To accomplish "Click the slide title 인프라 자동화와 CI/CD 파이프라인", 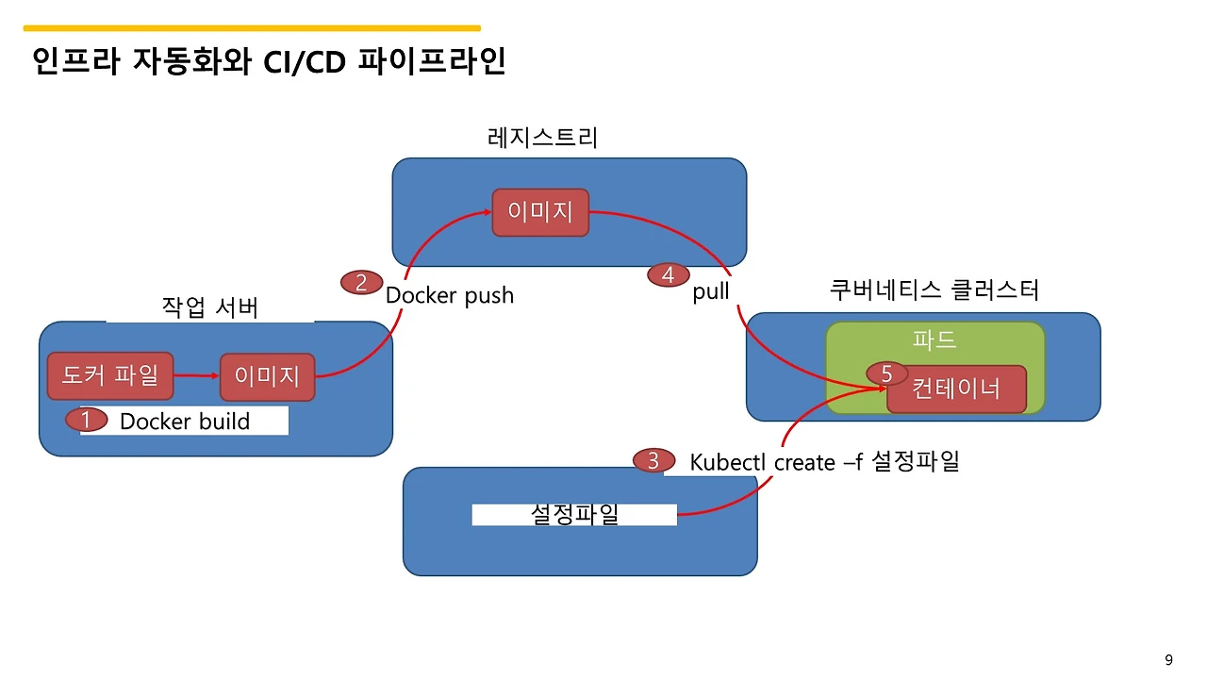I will coord(269,62).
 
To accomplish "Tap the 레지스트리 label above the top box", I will coord(542,138).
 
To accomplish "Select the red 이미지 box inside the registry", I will coord(540,212).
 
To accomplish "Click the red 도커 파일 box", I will coord(110,376).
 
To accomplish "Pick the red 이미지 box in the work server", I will coord(267,377).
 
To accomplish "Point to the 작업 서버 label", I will coord(209,308).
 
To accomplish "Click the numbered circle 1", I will coord(85,420).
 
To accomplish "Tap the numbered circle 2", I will coord(360,282).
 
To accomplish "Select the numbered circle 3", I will coord(653,461).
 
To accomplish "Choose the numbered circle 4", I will coord(668,275).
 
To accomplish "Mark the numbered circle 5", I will coord(886,374).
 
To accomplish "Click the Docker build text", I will coord(185,422).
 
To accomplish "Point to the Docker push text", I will coord(450,295).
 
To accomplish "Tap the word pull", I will coord(711,292).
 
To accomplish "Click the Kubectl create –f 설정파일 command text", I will coord(824,462).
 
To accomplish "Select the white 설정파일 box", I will coord(574,515).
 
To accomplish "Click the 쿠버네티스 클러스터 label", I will coord(934,290).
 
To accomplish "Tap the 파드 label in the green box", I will coord(934,340).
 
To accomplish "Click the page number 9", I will coord(1169,659).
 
